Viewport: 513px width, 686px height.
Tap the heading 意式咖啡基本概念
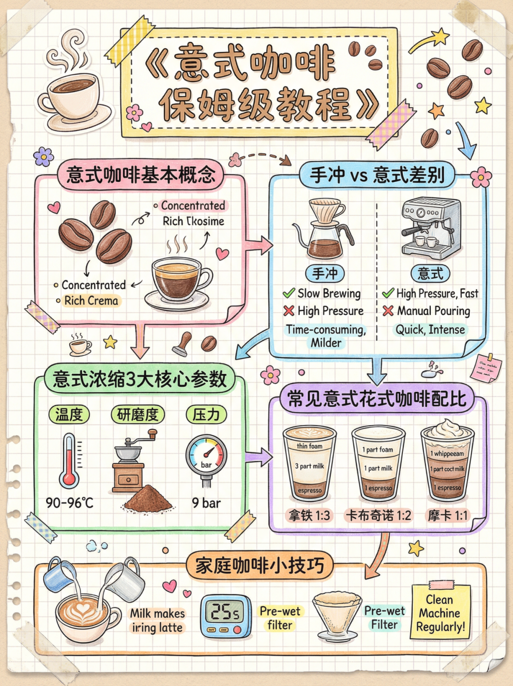click(x=141, y=175)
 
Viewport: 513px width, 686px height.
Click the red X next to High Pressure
click(x=289, y=311)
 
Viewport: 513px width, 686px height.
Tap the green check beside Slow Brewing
click(x=289, y=293)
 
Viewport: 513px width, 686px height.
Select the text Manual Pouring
click(x=433, y=311)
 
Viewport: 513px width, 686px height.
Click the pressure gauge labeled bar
click(x=206, y=458)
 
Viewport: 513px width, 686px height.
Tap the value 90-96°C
click(x=69, y=503)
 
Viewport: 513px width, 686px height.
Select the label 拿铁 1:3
click(x=309, y=515)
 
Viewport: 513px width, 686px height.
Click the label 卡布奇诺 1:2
click(x=378, y=515)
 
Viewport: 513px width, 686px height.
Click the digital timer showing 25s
click(x=226, y=615)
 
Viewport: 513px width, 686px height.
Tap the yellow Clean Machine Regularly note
click(x=440, y=613)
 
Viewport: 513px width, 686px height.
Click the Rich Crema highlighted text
click(x=91, y=301)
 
